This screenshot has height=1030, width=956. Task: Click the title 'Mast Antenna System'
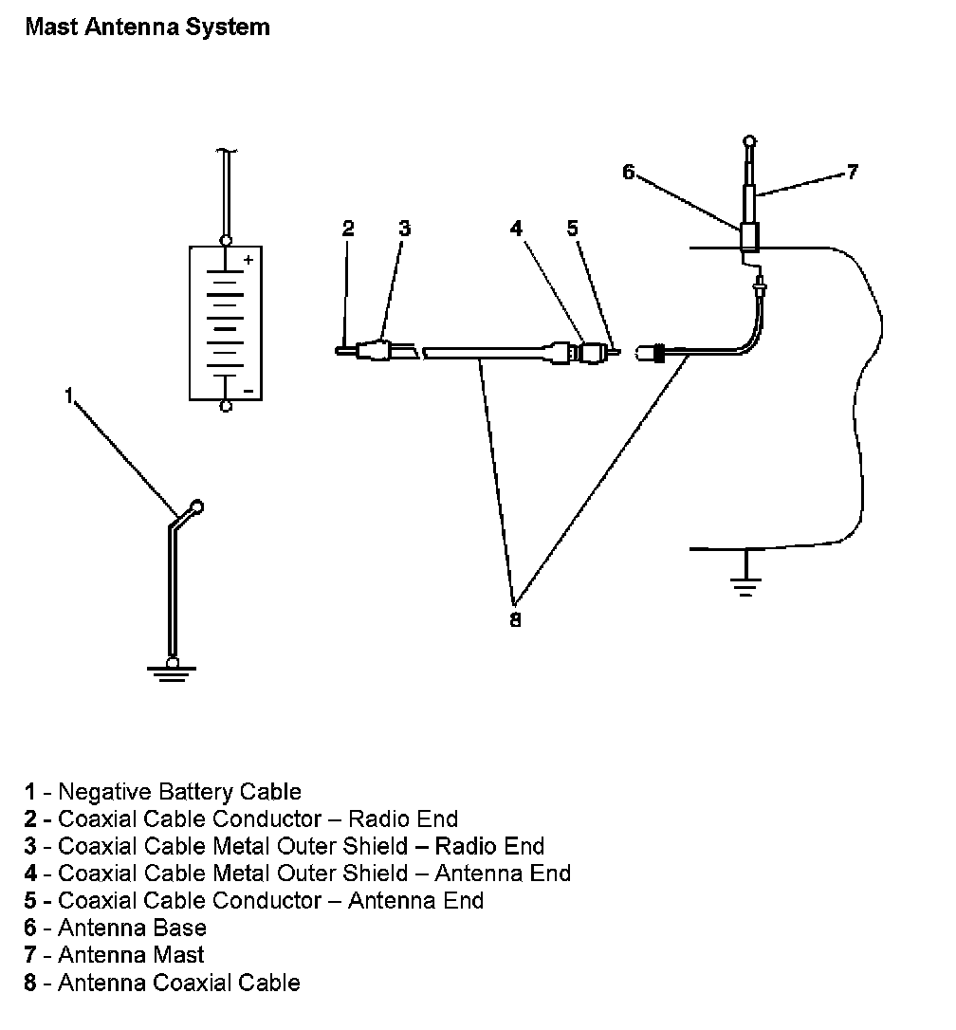147,27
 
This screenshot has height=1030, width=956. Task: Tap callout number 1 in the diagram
68,395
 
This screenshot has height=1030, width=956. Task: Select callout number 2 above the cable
348,229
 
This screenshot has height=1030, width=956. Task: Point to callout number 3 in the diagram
404,229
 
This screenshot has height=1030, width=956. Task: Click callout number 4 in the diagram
516,229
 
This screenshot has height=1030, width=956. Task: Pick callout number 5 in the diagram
572,229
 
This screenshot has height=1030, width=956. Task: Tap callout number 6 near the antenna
628,172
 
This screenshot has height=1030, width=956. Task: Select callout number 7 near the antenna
852,172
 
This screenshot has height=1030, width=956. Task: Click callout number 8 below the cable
515,621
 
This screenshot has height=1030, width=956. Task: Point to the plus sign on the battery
248,259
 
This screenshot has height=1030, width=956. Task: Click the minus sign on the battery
248,390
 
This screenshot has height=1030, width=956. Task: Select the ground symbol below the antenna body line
746,585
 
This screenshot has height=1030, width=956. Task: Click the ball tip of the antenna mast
749,144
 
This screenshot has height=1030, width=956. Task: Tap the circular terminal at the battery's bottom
226,406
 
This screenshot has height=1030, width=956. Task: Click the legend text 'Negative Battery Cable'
179,791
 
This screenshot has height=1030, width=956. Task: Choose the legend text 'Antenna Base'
132,928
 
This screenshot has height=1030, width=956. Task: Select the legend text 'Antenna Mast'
131,955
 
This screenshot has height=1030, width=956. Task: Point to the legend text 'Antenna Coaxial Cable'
178,983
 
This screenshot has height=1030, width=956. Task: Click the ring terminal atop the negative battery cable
197,506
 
